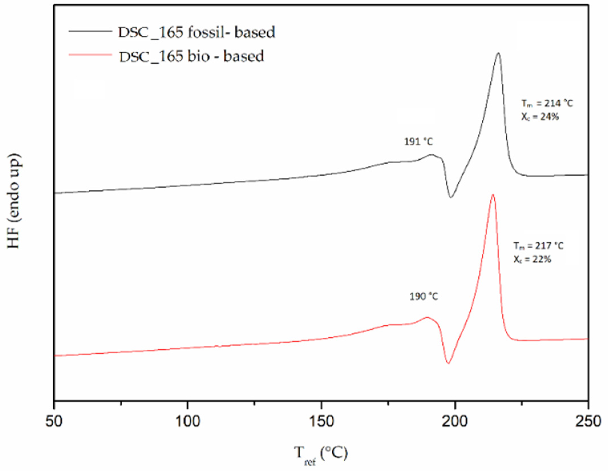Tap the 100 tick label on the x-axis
(x=188, y=421)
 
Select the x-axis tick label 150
(x=321, y=421)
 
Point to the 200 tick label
(x=455, y=421)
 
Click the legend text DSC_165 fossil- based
(x=196, y=32)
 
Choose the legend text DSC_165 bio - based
(x=191, y=56)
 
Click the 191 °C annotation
(x=418, y=142)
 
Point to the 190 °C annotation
(x=424, y=297)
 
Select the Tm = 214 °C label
(x=547, y=103)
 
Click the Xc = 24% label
(x=540, y=117)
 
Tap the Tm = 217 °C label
(x=538, y=246)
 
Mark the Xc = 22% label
(x=532, y=259)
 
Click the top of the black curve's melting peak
(x=498, y=53)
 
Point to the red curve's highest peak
(x=493, y=195)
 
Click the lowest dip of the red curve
(x=448, y=363)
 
